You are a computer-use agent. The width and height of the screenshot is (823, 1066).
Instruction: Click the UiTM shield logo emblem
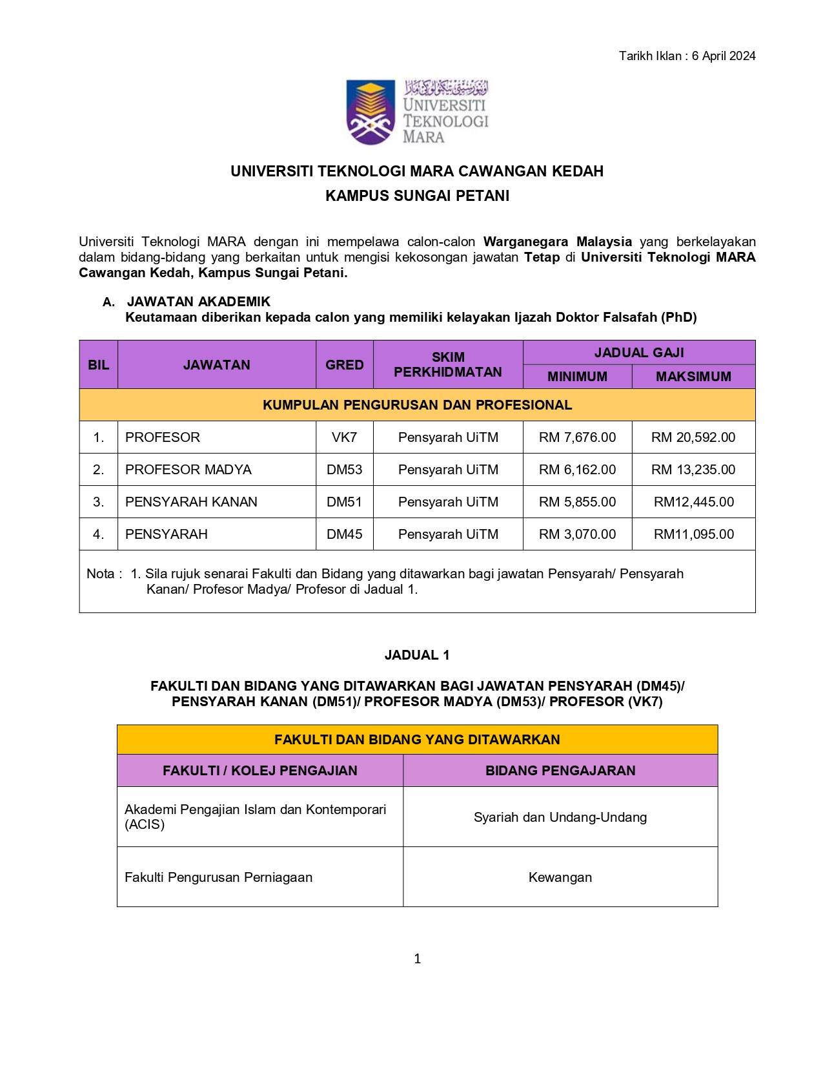click(x=371, y=111)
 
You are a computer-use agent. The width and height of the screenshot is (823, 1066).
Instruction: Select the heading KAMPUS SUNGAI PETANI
click(x=417, y=196)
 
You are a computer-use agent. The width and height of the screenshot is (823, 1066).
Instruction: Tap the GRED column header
click(x=344, y=365)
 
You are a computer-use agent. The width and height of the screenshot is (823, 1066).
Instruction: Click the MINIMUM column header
click(x=577, y=377)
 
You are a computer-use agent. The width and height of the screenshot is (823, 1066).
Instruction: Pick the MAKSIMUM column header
click(x=693, y=377)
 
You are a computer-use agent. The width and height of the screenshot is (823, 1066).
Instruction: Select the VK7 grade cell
click(x=344, y=437)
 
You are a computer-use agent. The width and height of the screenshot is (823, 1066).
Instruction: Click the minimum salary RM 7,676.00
click(x=577, y=437)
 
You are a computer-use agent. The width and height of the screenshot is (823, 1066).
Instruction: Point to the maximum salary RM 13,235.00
click(x=693, y=470)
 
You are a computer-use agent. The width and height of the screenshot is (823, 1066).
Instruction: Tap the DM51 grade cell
click(x=344, y=502)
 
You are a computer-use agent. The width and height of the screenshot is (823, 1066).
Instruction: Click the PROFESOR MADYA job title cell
click(x=188, y=470)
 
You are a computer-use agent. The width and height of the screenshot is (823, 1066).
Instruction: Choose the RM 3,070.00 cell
click(x=577, y=534)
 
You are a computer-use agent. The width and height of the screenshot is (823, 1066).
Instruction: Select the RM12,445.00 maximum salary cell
click(x=693, y=502)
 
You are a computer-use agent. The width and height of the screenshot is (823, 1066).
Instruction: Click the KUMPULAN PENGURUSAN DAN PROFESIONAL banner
click(x=417, y=405)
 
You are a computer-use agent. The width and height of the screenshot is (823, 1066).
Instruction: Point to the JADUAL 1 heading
click(x=417, y=655)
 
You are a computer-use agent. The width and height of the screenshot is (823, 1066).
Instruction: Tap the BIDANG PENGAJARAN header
click(x=560, y=770)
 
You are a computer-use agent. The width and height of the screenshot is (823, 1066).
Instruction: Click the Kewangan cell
click(x=560, y=877)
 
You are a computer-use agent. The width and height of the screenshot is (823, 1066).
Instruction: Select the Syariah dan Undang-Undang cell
click(x=560, y=817)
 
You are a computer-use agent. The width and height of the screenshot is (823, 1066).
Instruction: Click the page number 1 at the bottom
click(x=417, y=959)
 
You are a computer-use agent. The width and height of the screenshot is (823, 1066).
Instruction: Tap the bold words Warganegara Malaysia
click(x=557, y=242)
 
